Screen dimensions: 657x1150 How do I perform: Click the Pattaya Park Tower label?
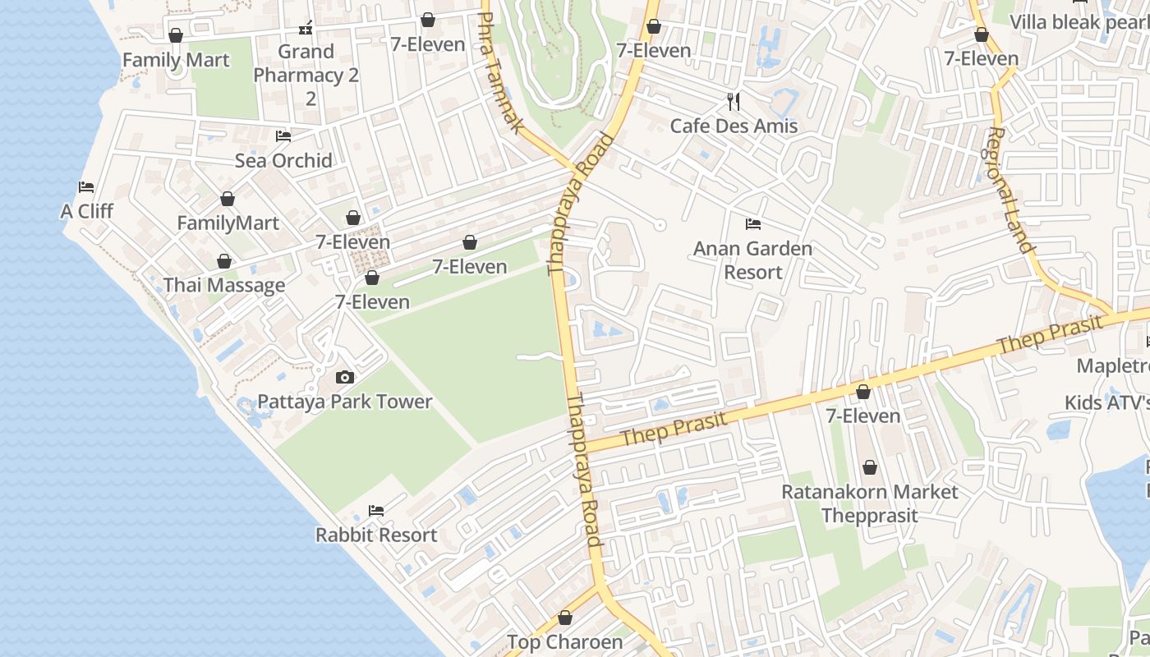coord(345,402)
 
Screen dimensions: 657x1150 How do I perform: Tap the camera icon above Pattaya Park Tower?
coord(345,378)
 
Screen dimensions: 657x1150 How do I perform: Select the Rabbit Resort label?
coord(376,535)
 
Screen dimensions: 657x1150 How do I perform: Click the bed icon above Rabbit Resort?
coord(376,511)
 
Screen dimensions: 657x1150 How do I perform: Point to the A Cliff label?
coord(87,211)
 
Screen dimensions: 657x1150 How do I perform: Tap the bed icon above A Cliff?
coord(86,187)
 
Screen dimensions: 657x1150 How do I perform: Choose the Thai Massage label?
coord(224,285)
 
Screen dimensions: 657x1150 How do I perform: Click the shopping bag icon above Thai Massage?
coord(224,261)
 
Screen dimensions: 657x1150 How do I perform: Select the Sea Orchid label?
coord(283,160)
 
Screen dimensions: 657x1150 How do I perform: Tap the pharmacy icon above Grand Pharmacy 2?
coord(306,28)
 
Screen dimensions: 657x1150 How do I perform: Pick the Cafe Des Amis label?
coord(734,126)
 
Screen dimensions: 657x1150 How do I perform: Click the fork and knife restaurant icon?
coord(734,102)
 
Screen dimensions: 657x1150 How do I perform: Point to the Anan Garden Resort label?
coord(752,260)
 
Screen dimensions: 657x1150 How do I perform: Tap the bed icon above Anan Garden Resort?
coord(753,224)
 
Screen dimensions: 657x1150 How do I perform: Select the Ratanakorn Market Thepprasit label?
coord(870,503)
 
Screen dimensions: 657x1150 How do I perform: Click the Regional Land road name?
coord(1009,190)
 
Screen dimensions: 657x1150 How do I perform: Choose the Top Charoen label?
coord(565,642)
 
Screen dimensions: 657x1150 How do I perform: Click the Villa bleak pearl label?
coord(1079,22)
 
